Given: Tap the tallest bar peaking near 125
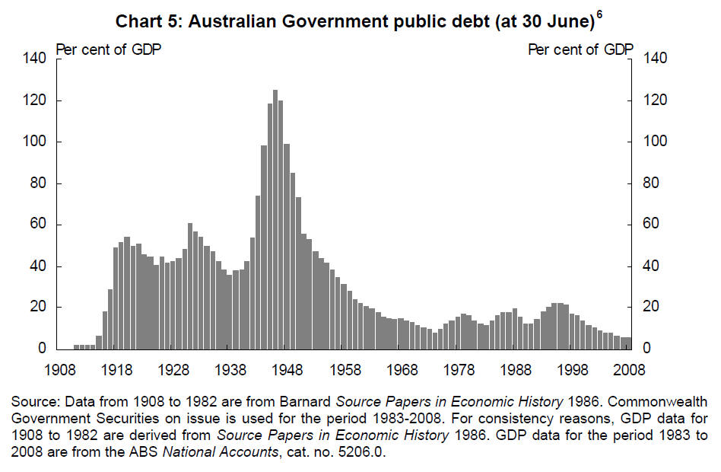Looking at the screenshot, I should [275, 221].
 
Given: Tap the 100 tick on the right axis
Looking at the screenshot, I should [656, 142].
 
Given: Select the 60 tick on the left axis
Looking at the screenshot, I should [40, 225].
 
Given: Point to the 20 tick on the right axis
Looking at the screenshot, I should [653, 308].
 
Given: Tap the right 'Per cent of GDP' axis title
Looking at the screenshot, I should [581, 50].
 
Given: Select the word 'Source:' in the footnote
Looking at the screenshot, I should [32, 401].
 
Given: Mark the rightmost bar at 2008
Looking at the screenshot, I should [628, 343].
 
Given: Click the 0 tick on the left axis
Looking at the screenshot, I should [43, 349].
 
